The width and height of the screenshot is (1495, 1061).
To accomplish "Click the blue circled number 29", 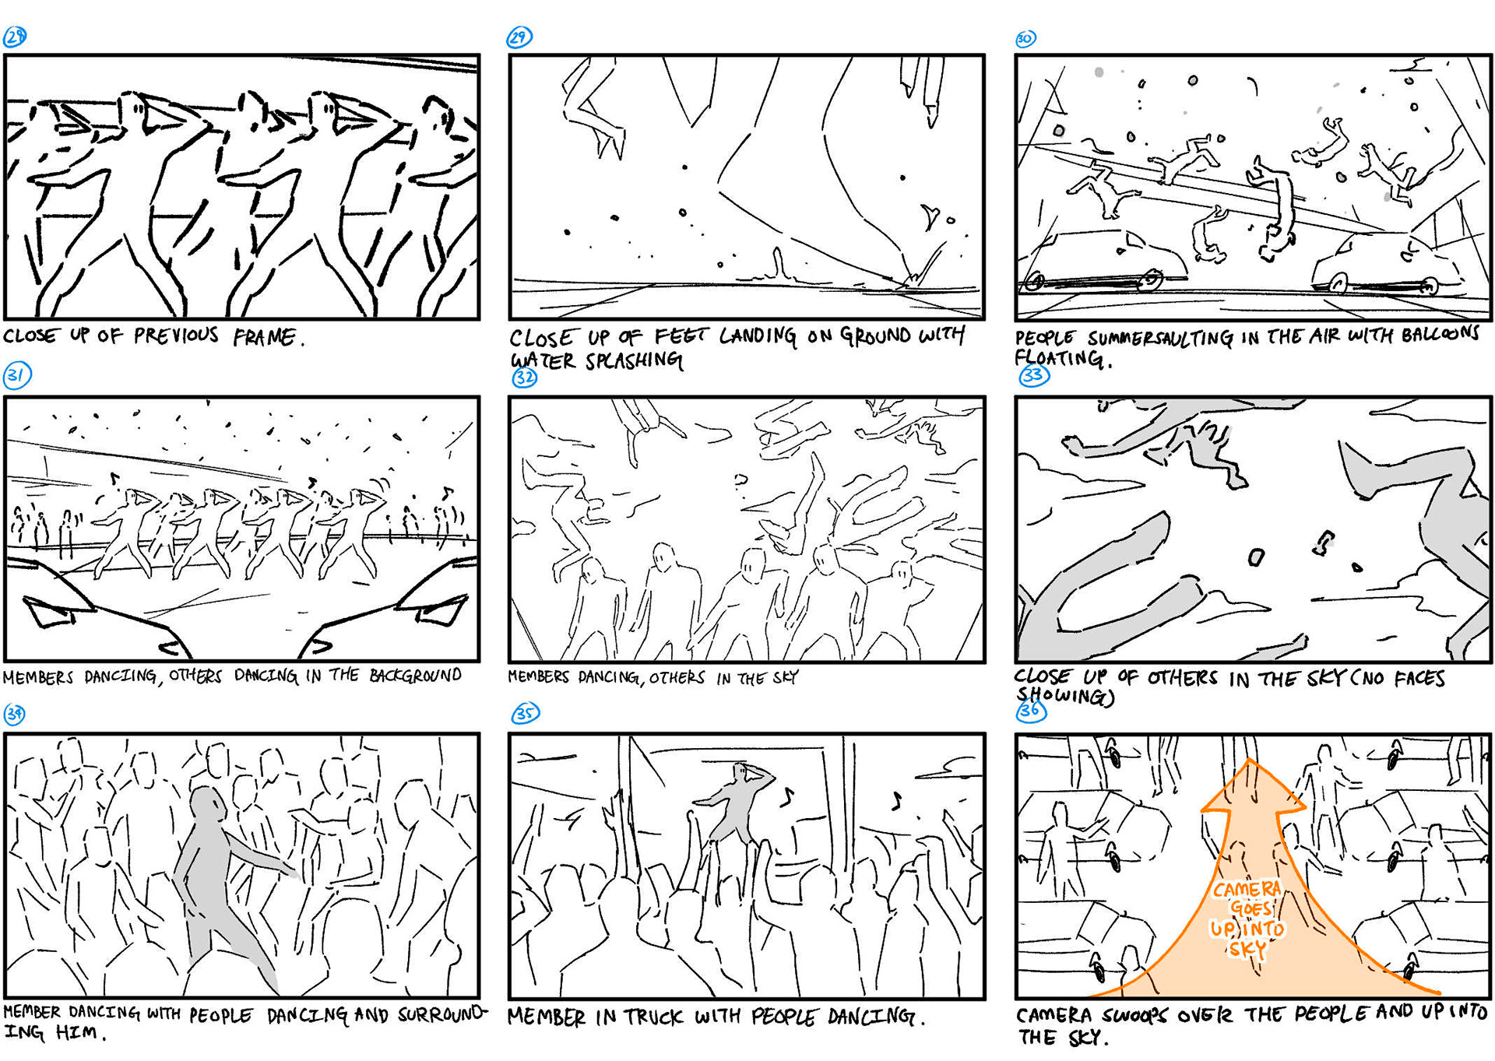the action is pos(519,37).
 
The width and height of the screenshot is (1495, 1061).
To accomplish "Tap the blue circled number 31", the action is pos(16,376).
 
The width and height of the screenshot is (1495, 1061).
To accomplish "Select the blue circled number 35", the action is pos(525,714).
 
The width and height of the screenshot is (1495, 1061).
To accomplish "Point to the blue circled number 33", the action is pos(1034,376).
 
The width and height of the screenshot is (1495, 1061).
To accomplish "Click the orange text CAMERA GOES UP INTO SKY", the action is pos(1247,919).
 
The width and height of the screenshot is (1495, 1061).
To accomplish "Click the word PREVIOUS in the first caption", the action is pos(176,336).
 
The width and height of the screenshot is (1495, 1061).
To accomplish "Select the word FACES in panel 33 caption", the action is pos(1419,679).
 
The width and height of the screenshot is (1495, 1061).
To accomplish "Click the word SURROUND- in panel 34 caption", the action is pos(442,1014).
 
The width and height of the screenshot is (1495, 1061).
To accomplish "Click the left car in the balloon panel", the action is pos(1106,263).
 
